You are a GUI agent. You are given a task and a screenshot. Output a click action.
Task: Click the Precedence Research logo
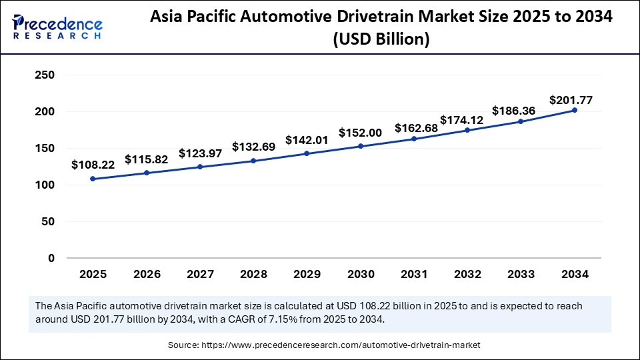coord(57,25)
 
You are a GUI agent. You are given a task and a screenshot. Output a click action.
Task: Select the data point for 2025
coord(93,179)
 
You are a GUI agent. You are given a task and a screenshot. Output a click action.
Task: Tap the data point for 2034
coord(575,110)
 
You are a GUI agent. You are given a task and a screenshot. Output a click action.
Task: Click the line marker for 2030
coord(361,146)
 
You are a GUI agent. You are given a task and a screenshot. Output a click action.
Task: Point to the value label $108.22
coord(93,163)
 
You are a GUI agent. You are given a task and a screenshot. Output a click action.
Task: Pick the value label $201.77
coord(571,100)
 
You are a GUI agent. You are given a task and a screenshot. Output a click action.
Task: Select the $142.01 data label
coord(307,140)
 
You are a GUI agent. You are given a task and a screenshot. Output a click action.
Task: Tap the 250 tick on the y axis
coord(44,75)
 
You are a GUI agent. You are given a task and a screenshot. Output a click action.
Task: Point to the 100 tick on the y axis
coord(44,185)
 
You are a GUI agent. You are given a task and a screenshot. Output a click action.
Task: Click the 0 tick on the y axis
coord(50,258)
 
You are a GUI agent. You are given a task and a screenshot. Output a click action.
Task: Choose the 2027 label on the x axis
coord(200,274)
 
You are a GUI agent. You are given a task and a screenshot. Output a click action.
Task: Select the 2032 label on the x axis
coord(467,274)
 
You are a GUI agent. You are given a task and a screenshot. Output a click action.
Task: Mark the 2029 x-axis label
coord(307,274)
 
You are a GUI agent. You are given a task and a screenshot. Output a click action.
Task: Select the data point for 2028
coord(253,161)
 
